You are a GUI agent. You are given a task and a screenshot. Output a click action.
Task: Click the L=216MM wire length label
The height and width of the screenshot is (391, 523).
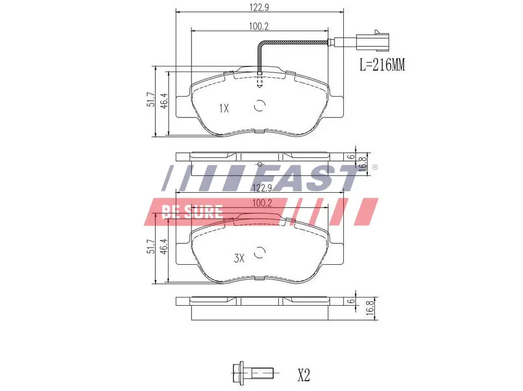pos(382,65)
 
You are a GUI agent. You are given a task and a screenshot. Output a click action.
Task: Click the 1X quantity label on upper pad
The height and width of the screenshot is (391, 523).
pos(224,108)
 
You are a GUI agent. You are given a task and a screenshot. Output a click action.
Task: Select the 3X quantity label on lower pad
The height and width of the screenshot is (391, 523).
pos(239,259)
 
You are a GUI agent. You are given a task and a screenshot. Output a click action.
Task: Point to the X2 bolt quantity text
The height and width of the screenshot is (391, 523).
pos(303,376)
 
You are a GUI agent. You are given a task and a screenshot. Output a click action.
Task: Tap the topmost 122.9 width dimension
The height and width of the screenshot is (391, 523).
pos(259,7)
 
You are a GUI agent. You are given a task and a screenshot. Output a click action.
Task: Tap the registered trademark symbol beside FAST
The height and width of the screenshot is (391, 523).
pos(374,168)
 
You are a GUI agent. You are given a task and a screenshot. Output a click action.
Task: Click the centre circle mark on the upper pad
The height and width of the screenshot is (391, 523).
pos(260,106)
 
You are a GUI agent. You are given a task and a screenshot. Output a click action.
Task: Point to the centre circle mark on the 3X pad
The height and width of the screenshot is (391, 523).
pos(260,252)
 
